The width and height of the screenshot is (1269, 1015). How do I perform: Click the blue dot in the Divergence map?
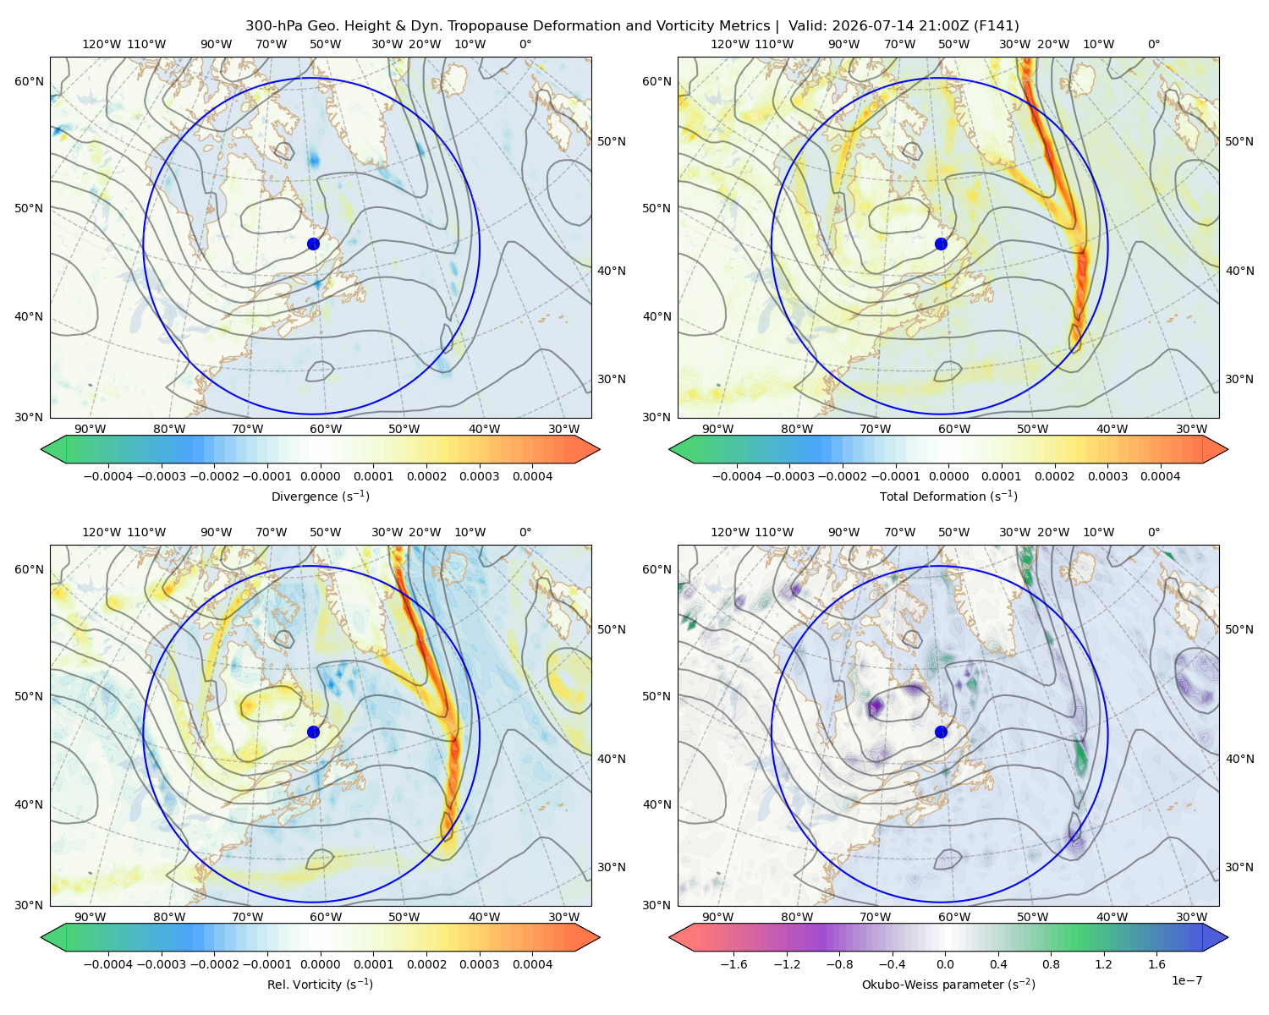point(313,244)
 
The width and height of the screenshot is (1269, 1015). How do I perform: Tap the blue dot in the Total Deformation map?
point(941,244)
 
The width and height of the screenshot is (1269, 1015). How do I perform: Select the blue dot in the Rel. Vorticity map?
point(313,732)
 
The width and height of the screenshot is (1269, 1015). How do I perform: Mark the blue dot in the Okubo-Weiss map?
point(941,732)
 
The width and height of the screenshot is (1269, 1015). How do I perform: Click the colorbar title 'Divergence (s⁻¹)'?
point(320,497)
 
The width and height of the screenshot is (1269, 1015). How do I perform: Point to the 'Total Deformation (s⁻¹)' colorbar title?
point(948,497)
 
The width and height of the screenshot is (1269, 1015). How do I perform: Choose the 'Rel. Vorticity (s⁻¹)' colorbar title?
point(320,985)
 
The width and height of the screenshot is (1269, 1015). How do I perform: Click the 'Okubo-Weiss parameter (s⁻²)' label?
point(948,985)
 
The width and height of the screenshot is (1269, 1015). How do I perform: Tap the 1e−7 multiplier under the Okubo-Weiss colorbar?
point(1186,981)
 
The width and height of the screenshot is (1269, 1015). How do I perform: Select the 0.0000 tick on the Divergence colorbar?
point(320,476)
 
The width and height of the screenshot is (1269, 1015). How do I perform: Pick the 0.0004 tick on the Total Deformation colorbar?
point(1160,476)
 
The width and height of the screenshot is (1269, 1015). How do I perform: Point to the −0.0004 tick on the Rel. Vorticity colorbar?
point(108,964)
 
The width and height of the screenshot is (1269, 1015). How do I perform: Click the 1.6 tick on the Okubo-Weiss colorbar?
point(1156,964)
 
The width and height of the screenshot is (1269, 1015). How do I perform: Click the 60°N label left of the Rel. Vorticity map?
point(29,570)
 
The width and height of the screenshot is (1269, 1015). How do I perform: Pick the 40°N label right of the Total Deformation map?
point(1239,272)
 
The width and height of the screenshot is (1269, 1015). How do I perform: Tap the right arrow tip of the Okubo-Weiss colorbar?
point(1228,937)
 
